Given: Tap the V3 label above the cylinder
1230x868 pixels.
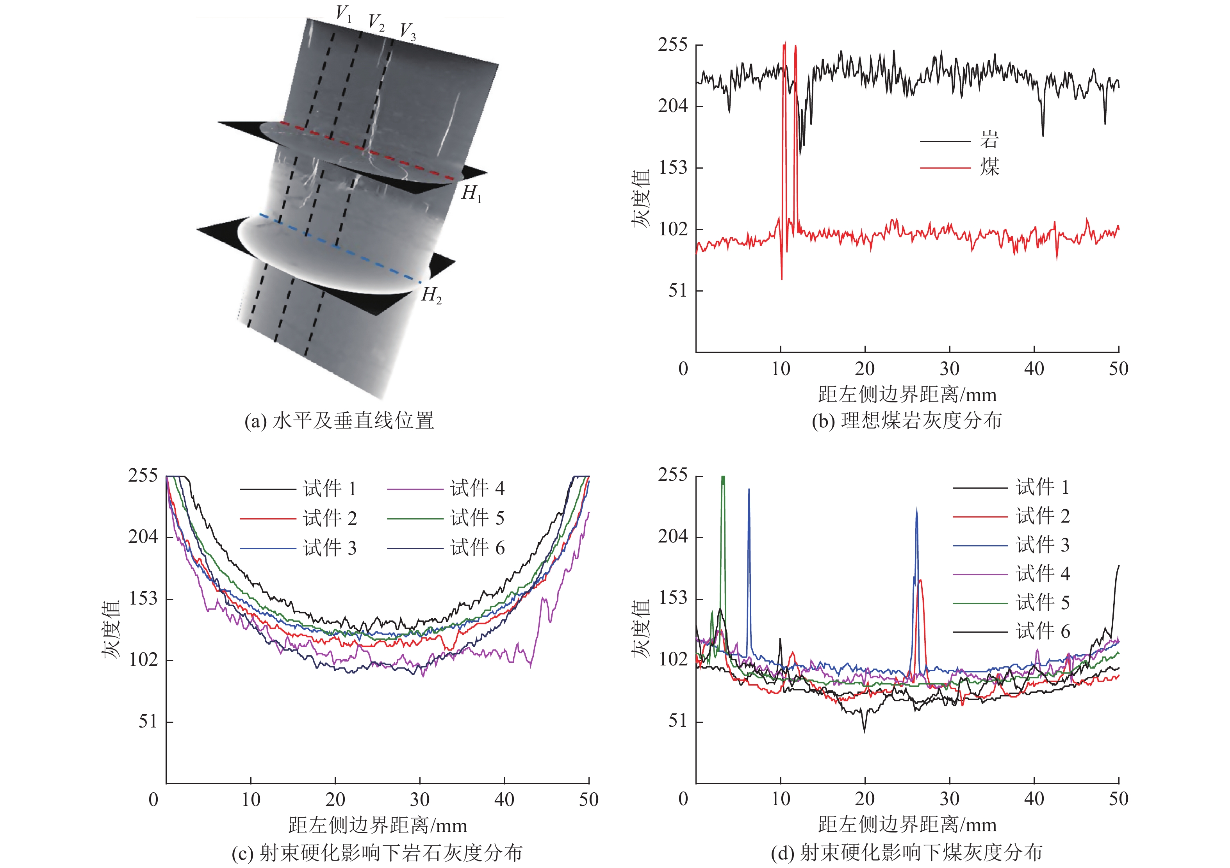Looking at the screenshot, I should (408, 31).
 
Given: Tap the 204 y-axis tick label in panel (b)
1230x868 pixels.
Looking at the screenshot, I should (672, 106).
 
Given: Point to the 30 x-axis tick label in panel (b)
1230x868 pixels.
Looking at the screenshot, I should (949, 369).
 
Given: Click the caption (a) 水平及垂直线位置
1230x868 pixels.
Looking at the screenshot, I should (339, 421).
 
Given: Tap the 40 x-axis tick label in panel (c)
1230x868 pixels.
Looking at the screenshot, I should (504, 799).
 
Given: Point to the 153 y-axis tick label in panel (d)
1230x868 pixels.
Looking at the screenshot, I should (672, 598).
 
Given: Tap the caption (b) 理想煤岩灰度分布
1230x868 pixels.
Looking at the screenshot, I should (906, 421).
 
